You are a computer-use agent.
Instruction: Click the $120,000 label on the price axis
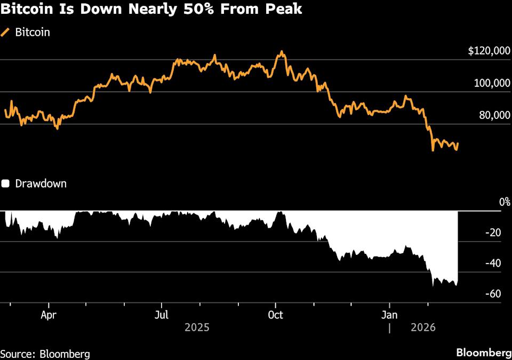(x=489, y=51)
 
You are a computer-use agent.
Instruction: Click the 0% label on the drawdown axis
(x=505, y=202)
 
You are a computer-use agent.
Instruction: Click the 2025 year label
(x=197, y=327)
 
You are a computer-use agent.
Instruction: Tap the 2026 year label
(x=423, y=327)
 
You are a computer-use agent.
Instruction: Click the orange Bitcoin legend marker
(x=6, y=32)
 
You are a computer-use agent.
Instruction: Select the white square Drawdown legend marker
(x=6, y=183)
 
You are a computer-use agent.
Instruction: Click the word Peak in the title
(x=285, y=10)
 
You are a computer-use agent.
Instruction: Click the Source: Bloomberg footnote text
(x=45, y=354)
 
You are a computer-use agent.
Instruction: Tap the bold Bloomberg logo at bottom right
(x=483, y=353)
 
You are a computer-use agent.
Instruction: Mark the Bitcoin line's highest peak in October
(x=282, y=52)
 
